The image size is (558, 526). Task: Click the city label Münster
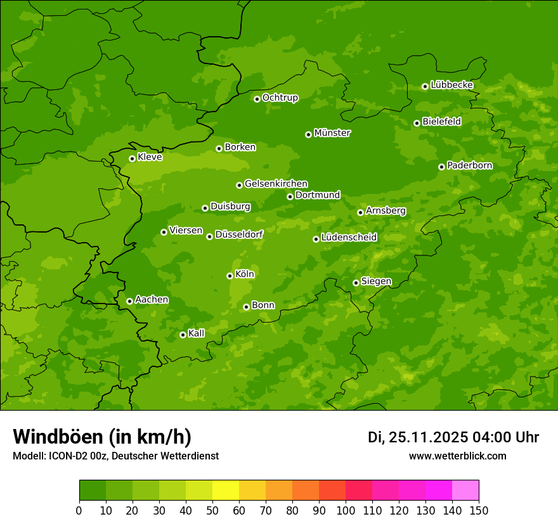click(x=332, y=133)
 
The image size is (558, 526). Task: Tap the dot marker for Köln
click(x=230, y=276)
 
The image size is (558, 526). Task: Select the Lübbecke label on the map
click(x=451, y=85)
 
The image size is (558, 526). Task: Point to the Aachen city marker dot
click(x=129, y=301)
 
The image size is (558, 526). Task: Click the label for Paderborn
click(x=469, y=165)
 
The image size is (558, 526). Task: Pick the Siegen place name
click(x=376, y=281)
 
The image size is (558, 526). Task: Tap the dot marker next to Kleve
click(x=132, y=158)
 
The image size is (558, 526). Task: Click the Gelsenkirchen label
click(x=276, y=184)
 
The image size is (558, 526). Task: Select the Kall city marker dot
click(x=183, y=335)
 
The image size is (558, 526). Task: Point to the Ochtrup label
click(x=280, y=98)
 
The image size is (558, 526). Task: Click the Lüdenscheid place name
click(x=349, y=238)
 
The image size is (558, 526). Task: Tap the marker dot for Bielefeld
click(x=417, y=123)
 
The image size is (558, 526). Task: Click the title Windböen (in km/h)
click(x=102, y=437)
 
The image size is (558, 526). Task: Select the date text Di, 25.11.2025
click(x=417, y=437)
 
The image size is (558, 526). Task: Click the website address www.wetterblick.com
click(x=457, y=456)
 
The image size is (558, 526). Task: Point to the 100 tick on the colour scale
click(x=346, y=511)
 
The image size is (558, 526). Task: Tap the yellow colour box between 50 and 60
click(x=226, y=491)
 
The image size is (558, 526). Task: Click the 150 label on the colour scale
click(x=479, y=511)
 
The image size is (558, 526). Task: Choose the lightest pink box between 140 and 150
click(x=465, y=491)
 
